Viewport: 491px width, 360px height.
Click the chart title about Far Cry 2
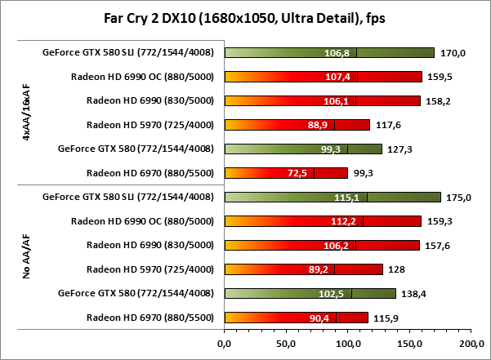pyautogui.click(x=245, y=18)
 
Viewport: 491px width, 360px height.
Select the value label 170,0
pyautogui.click(x=452, y=53)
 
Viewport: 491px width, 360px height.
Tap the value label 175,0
pyautogui.click(x=456, y=197)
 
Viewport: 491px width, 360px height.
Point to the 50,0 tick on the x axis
pyautogui.click(x=286, y=344)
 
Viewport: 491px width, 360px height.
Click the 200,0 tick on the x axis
pyautogui.click(x=472, y=344)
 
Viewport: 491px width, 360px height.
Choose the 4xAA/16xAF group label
pyautogui.click(x=28, y=113)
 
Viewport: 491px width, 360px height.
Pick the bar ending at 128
pyautogui.click(x=303, y=269)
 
